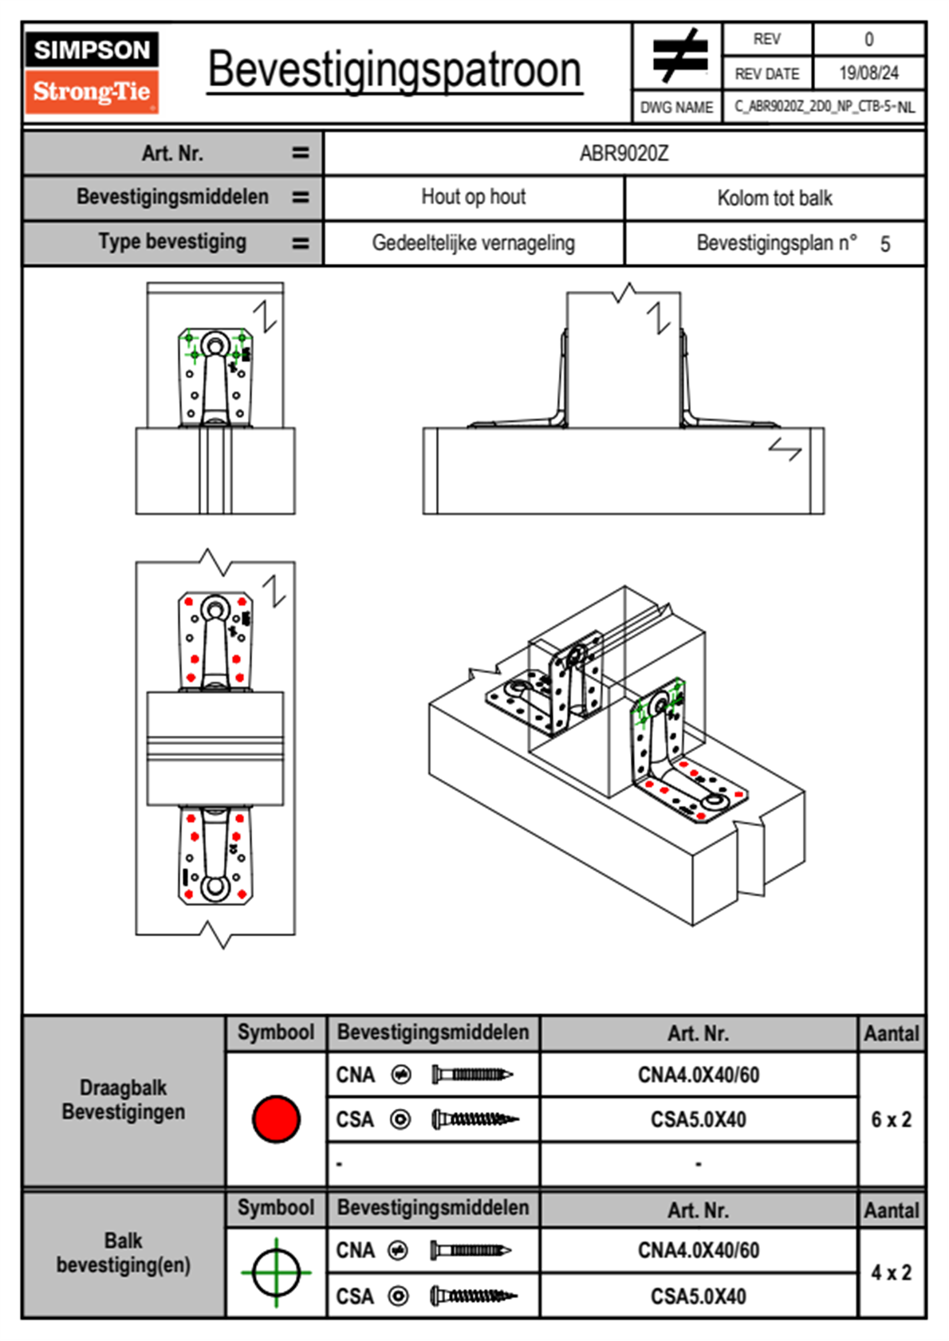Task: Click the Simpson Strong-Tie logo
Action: coord(92,72)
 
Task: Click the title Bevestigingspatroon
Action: coord(394,70)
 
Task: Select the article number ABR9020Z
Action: coord(624,153)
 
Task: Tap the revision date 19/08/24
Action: coord(868,73)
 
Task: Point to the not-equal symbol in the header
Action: coord(679,56)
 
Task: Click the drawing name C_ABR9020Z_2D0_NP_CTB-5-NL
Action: coord(824,107)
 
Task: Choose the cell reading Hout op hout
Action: coord(474,197)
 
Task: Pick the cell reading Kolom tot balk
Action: coord(774,198)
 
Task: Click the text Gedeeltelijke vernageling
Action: coord(474,243)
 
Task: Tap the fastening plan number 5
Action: coord(885,244)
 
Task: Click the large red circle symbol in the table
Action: coord(276,1119)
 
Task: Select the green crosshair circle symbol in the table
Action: coord(276,1272)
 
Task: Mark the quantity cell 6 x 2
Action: coord(891,1119)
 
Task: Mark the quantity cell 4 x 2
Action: coord(891,1272)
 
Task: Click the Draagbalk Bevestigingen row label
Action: coord(124,1099)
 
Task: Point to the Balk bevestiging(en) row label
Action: coord(124,1253)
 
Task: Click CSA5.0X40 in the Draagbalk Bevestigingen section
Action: coord(699,1119)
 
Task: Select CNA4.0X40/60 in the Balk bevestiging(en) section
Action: coord(699,1250)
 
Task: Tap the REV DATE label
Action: coord(766,73)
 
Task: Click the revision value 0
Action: coord(868,39)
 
